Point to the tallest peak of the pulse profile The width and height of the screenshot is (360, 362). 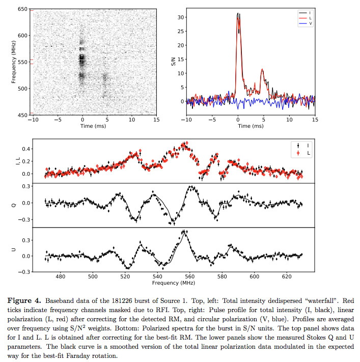238,14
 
